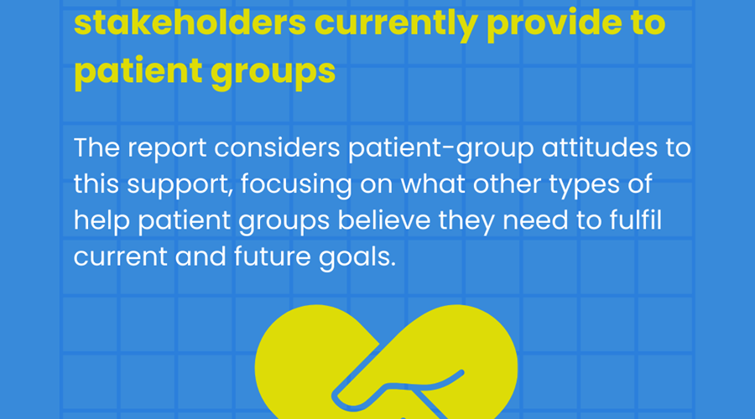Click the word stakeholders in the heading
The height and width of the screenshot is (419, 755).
coord(190,23)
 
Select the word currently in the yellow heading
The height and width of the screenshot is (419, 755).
coord(396,25)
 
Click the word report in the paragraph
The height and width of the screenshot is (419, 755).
coord(167,148)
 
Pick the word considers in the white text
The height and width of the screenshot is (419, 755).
coord(278,147)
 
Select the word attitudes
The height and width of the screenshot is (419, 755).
coord(599,147)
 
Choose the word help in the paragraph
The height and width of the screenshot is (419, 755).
coord(102,220)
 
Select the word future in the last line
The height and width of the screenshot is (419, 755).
coord(273,256)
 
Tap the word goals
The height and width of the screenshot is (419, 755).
coord(357,257)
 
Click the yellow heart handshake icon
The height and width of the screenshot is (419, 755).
coord(386,362)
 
